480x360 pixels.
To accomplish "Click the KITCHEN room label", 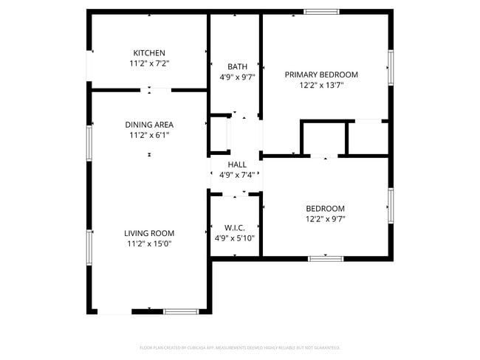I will click(x=148, y=53).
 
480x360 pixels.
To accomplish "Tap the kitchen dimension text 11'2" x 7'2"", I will click(x=148, y=63).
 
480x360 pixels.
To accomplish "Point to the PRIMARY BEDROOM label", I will click(x=321, y=75).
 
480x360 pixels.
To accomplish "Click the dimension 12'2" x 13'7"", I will click(x=321, y=85).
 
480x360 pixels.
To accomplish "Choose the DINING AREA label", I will click(x=148, y=125).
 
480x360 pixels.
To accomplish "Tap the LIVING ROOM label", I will click(x=148, y=233).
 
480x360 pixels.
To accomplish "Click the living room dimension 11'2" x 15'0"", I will click(x=148, y=243).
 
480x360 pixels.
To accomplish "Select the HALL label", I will click(x=237, y=165).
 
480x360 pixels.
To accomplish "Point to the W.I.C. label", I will click(x=235, y=228).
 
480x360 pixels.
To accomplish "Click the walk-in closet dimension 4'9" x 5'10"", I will click(x=235, y=238).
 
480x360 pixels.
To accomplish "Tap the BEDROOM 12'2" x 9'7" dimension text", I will click(x=325, y=219).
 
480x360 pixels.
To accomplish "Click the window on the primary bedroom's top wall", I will click(x=321, y=12).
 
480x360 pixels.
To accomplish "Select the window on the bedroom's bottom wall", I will click(x=325, y=257).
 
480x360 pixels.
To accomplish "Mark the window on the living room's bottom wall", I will click(x=181, y=311).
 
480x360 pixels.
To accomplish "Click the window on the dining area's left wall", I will click(x=89, y=141).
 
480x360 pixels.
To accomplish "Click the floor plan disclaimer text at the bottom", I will click(x=240, y=347).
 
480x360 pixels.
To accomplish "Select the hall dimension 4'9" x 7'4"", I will click(x=237, y=175).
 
